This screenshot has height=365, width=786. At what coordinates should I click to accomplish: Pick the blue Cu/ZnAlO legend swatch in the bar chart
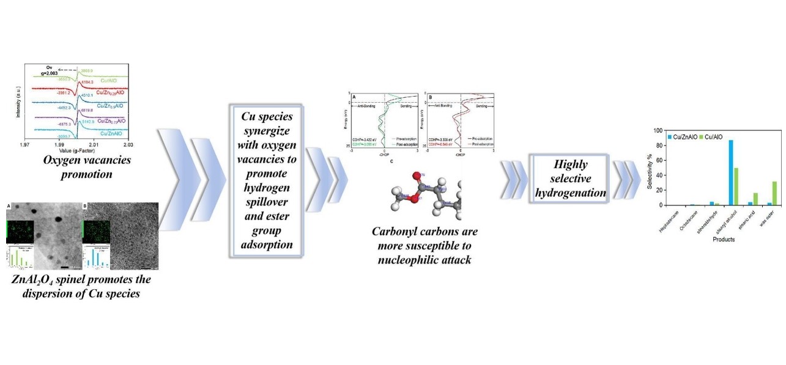coord(670,137)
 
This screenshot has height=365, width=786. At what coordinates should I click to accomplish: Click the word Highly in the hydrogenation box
coord(568,165)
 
